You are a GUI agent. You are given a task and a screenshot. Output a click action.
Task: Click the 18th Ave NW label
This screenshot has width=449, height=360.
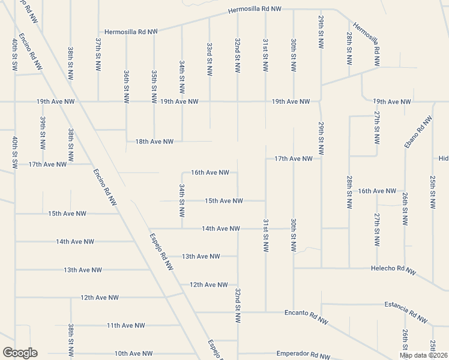154,142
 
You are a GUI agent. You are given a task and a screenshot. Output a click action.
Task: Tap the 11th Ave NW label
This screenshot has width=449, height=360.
126,325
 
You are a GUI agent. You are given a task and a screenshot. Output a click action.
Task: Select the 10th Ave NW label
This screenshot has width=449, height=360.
134,353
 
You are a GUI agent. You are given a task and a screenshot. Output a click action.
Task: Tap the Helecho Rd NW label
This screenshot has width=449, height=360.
393,269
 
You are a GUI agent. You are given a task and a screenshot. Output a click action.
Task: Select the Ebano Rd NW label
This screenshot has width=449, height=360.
418,134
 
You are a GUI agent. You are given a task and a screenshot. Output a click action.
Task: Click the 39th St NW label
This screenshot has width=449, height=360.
43,131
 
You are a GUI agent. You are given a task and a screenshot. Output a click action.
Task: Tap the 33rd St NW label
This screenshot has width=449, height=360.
209,58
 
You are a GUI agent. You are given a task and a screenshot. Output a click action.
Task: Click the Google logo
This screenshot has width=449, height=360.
20,353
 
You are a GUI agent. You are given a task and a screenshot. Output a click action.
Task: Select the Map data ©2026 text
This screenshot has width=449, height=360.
423,355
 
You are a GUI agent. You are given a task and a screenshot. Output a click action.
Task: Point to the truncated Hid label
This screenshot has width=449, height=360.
443,158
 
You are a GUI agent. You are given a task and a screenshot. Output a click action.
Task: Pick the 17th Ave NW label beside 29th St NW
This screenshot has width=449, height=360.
294,158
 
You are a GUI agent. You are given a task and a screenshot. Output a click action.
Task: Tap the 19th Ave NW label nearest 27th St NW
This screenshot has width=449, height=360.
393,101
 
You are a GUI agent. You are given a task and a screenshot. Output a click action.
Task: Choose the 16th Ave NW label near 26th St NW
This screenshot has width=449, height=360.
377,191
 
